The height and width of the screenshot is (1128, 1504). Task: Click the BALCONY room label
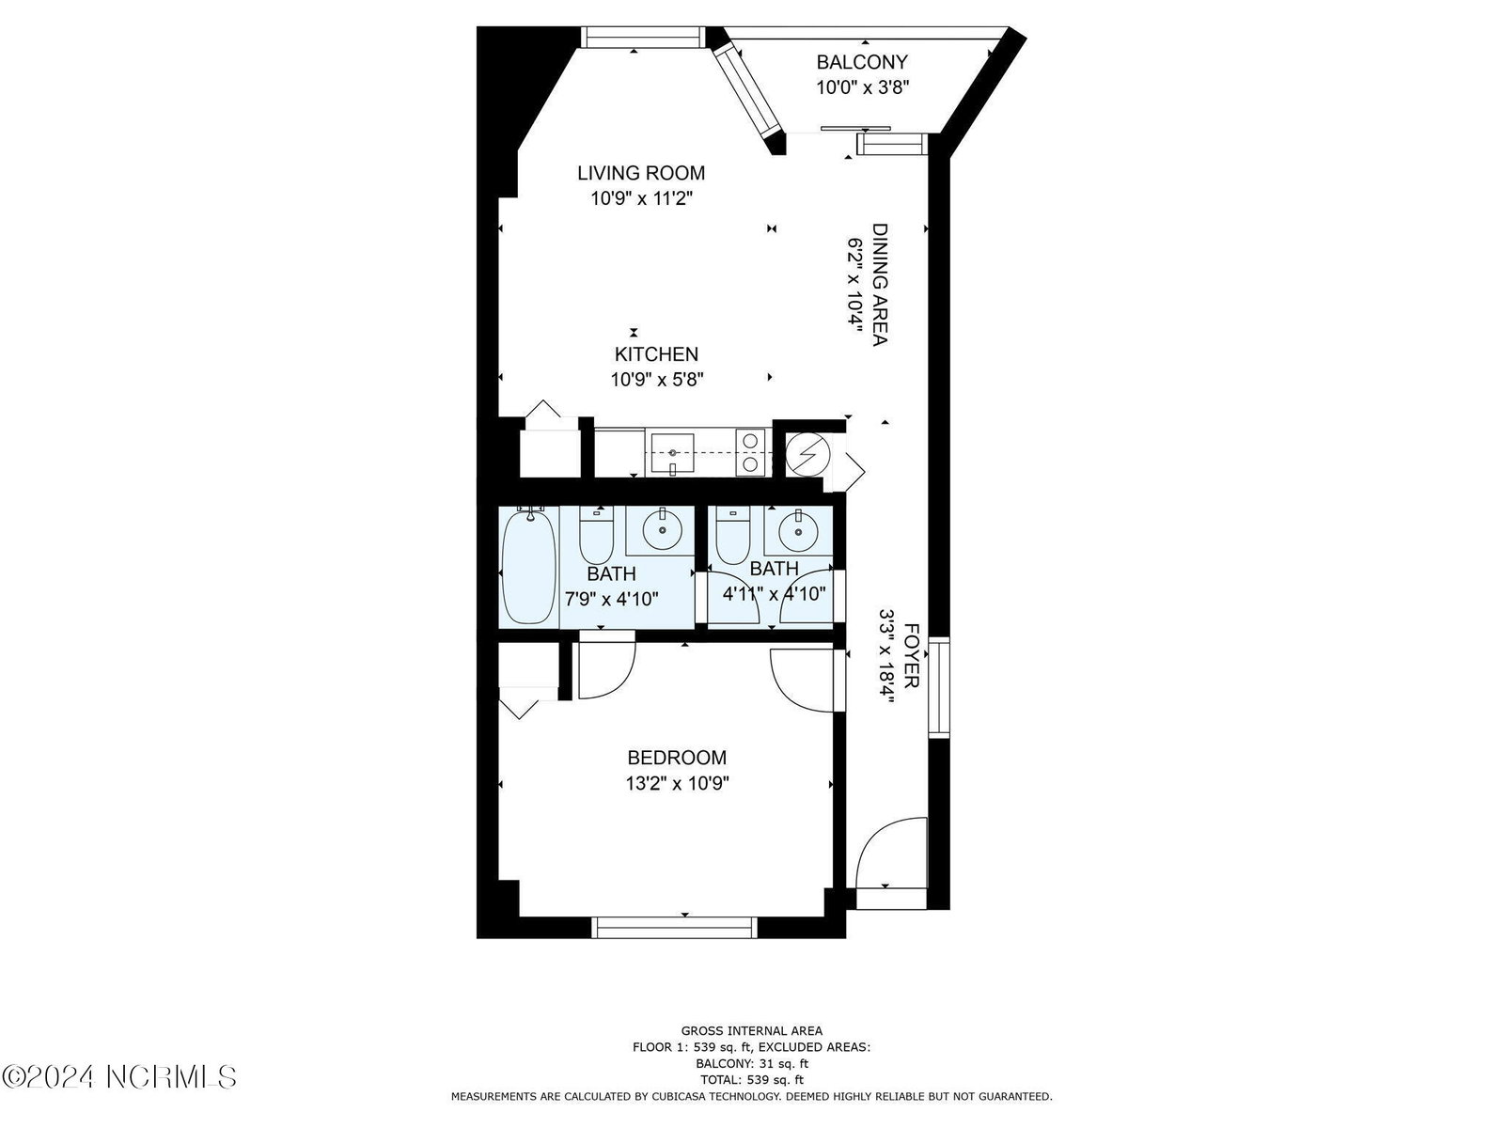tap(861, 62)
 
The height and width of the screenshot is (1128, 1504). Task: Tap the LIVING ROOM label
tap(641, 173)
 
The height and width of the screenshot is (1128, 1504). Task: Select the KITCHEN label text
tap(656, 354)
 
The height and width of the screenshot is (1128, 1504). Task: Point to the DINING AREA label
tap(880, 285)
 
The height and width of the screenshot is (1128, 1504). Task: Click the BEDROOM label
tap(677, 758)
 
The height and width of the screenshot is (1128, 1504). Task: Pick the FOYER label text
tap(911, 655)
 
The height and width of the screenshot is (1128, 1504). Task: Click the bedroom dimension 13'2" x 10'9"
tap(677, 783)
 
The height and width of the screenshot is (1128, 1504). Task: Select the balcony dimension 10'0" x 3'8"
tap(862, 87)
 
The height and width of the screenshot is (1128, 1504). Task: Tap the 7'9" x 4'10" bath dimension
tap(611, 599)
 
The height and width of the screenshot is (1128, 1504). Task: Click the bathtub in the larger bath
tap(529, 567)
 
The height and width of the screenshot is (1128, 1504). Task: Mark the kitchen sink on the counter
tap(672, 453)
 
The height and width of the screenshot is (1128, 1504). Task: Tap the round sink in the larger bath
tap(662, 530)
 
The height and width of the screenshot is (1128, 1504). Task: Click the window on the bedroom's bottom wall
tap(674, 928)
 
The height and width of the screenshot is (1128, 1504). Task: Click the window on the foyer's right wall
tap(939, 688)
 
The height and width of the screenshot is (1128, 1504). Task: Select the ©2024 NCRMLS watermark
tap(119, 1076)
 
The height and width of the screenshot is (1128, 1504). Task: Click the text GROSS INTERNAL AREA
tap(752, 1030)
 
